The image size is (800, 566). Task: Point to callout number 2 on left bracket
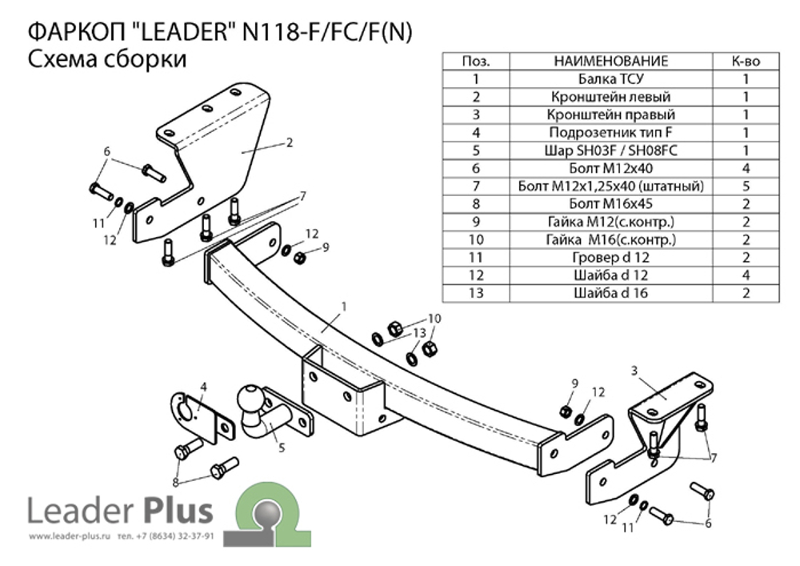(289, 143)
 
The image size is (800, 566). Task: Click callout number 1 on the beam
(343, 306)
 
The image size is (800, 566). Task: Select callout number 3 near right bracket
(634, 370)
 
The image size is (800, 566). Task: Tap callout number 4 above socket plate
(203, 387)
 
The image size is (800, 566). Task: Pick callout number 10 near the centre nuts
(433, 318)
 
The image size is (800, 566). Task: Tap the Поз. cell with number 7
(475, 186)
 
